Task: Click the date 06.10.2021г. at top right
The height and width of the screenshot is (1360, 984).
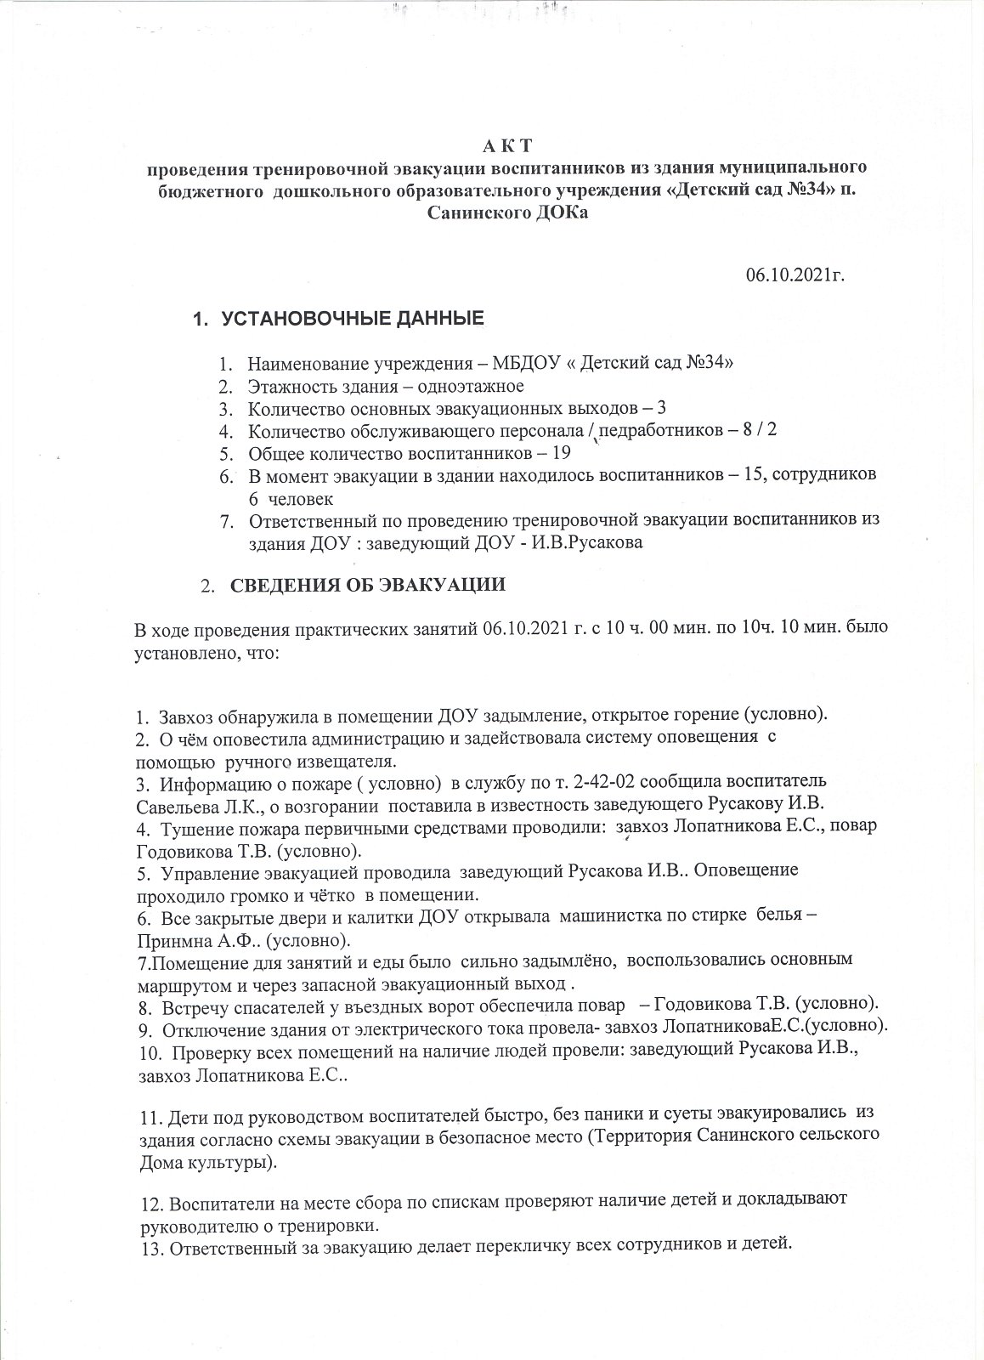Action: point(795,275)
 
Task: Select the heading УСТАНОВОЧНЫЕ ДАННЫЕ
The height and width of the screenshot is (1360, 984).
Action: point(352,320)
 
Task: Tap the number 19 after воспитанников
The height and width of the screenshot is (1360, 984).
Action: point(561,452)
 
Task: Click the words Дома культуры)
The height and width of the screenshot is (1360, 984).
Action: point(206,1162)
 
